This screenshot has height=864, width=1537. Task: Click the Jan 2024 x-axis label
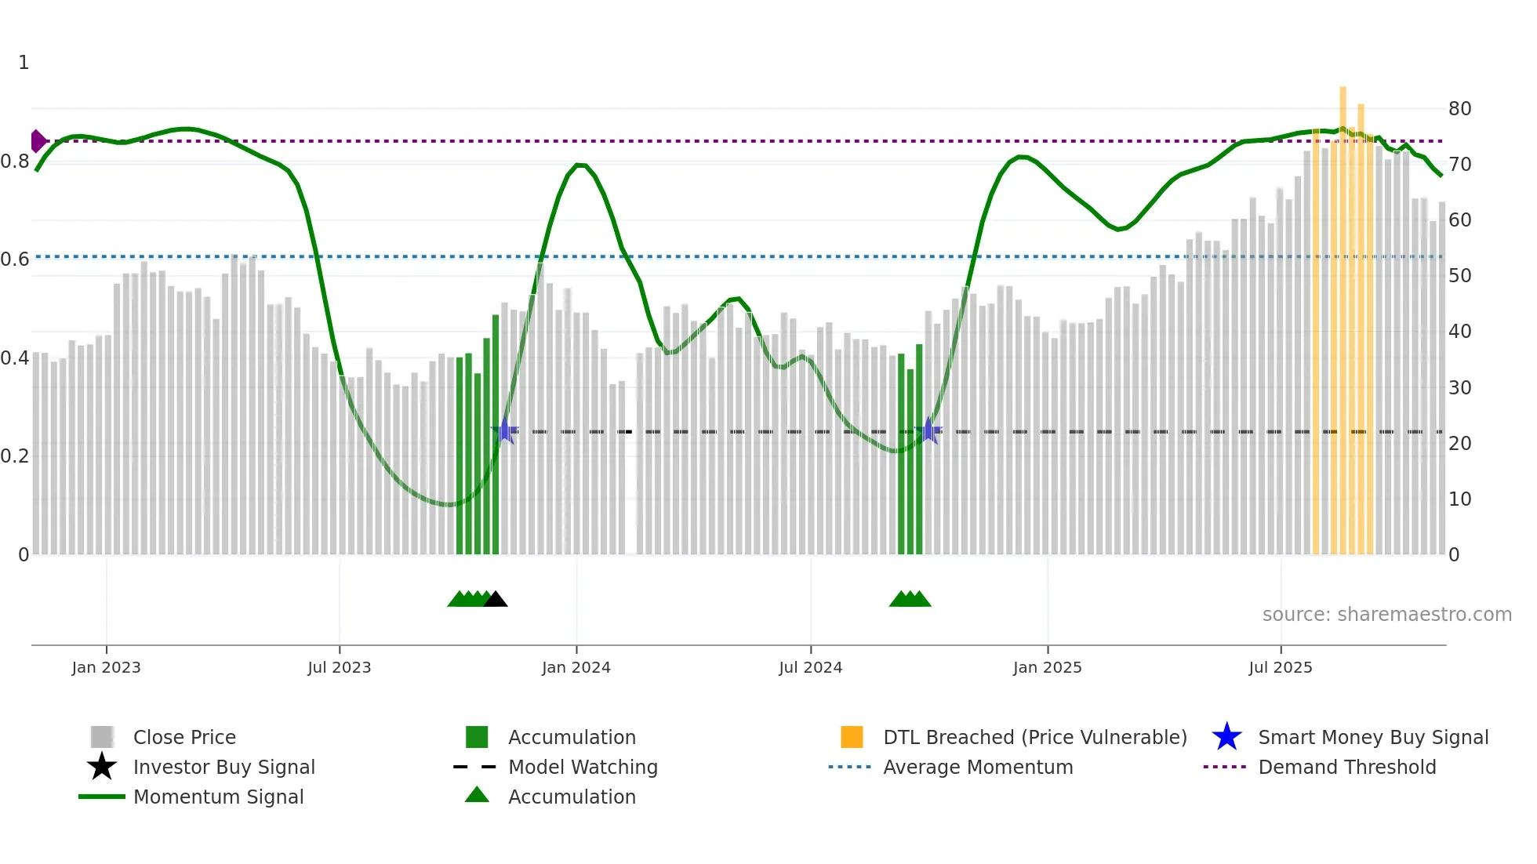click(x=576, y=667)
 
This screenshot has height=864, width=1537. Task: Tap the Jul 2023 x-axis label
click(x=339, y=667)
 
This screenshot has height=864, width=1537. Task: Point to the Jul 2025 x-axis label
click(x=1280, y=667)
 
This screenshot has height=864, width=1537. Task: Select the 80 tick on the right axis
click(x=1459, y=109)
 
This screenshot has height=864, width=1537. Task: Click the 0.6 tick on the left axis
click(x=15, y=260)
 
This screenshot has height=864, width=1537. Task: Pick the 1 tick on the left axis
click(x=24, y=63)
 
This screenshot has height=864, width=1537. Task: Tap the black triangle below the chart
click(x=496, y=600)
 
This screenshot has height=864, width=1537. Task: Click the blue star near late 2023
click(x=506, y=430)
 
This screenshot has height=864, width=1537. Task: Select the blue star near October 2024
click(x=928, y=430)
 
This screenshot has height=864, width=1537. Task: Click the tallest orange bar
click(x=1343, y=314)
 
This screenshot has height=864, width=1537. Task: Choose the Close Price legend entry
click(x=183, y=737)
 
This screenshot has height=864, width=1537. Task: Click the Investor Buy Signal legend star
click(x=102, y=767)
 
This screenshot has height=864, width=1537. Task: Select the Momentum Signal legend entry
click(x=217, y=797)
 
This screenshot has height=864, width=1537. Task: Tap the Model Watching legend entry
click(x=582, y=767)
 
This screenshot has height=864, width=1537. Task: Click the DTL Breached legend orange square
click(x=852, y=737)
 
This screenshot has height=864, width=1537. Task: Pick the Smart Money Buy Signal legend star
click(x=1226, y=737)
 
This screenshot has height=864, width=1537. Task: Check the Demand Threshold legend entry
click(x=1346, y=767)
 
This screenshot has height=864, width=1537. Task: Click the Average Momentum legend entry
click(x=977, y=767)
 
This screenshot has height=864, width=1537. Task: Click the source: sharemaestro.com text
click(x=1386, y=615)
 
